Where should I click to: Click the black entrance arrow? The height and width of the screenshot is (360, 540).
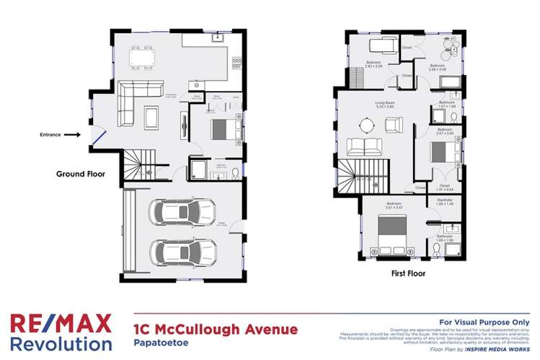click(72, 134)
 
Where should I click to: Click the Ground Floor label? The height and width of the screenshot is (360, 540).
click(81, 174)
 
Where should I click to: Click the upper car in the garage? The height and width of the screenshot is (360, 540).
click(182, 212)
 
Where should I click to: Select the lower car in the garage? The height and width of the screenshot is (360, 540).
click(182, 252)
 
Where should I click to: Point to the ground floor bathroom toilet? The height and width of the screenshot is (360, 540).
click(235, 172)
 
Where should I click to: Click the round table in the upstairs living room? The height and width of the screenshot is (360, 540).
click(368, 126)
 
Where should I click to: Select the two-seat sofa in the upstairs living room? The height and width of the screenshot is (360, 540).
click(365, 147)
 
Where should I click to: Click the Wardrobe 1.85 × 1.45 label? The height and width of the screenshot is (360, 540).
click(440, 204)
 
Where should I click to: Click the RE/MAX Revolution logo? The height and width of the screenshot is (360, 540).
click(61, 331)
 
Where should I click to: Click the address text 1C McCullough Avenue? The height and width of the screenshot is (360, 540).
click(216, 330)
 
